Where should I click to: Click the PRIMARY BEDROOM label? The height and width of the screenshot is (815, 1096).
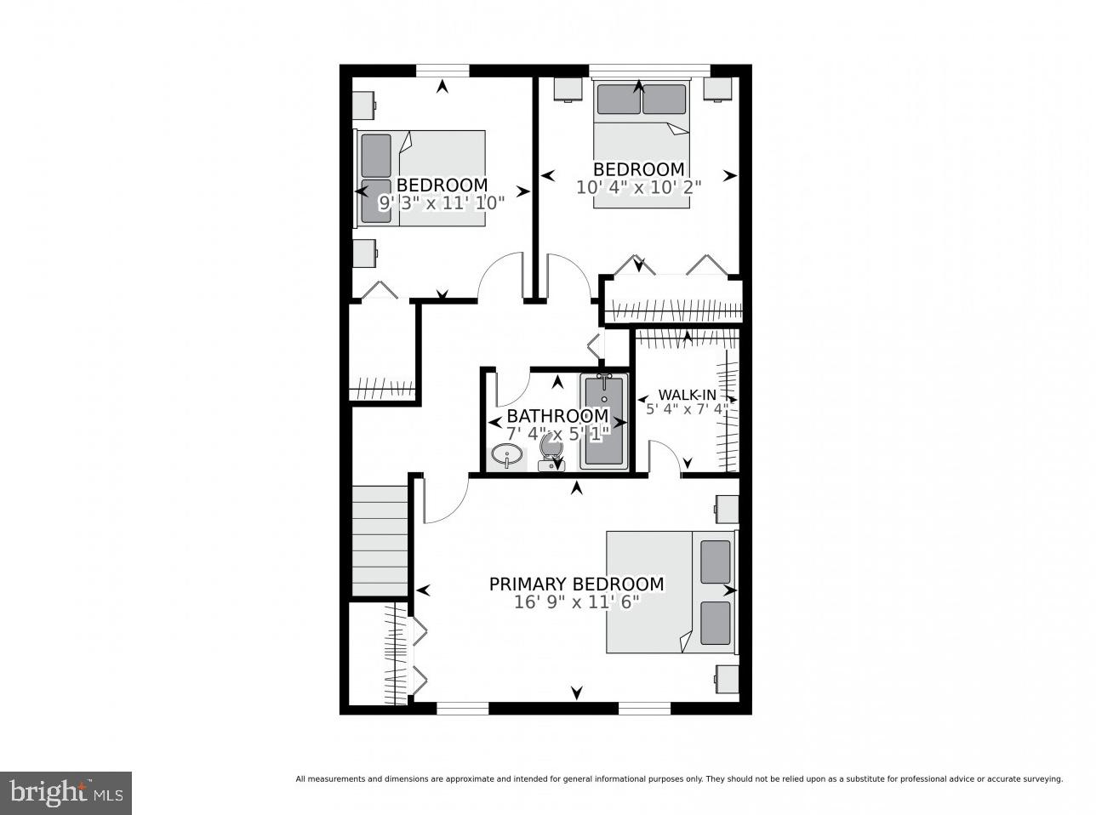tap(576, 584)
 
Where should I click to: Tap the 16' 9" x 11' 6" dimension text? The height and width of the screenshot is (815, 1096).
tap(576, 602)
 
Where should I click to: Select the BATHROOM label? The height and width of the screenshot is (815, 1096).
tap(557, 416)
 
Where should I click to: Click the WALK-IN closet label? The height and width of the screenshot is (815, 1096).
tap(687, 395)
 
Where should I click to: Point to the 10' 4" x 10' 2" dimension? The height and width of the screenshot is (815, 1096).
tap(638, 187)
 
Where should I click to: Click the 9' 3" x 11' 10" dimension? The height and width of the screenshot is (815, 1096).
tap(442, 202)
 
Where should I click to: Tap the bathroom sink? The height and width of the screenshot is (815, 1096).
tap(508, 457)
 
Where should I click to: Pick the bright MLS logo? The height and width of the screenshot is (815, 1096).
tap(66, 793)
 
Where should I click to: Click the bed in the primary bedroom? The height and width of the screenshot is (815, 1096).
tap(670, 592)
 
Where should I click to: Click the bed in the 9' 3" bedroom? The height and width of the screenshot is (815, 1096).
tap(420, 179)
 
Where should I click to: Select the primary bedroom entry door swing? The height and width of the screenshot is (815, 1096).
tap(444, 502)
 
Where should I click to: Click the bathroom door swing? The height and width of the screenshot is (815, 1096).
tap(511, 388)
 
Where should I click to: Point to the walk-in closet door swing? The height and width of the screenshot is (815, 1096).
tap(664, 456)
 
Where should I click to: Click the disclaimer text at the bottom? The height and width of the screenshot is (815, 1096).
tap(678, 778)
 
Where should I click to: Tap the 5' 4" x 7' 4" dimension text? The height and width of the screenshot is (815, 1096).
tap(687, 409)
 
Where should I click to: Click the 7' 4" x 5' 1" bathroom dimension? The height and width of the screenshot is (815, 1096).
tap(557, 433)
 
